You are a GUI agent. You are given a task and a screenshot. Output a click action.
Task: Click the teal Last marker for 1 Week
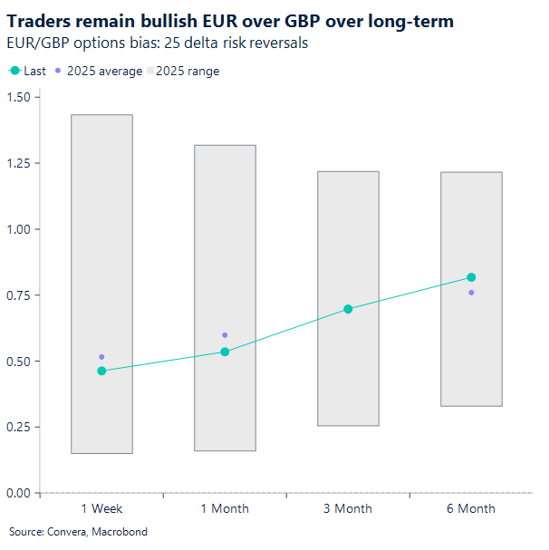101,371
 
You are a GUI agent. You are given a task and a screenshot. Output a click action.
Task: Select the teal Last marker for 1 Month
225,352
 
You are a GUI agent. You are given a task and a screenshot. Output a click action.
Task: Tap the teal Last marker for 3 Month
348,309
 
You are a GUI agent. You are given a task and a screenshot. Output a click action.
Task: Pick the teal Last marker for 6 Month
471,277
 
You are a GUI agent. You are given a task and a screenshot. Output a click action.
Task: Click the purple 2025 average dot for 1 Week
101,357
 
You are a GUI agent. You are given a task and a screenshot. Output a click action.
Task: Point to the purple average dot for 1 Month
225,335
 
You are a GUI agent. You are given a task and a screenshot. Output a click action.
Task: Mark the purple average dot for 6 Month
471,293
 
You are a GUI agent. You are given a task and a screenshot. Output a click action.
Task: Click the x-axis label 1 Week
101,509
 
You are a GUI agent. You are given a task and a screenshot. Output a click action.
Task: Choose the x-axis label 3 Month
348,509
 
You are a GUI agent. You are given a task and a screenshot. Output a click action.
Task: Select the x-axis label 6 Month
471,509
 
